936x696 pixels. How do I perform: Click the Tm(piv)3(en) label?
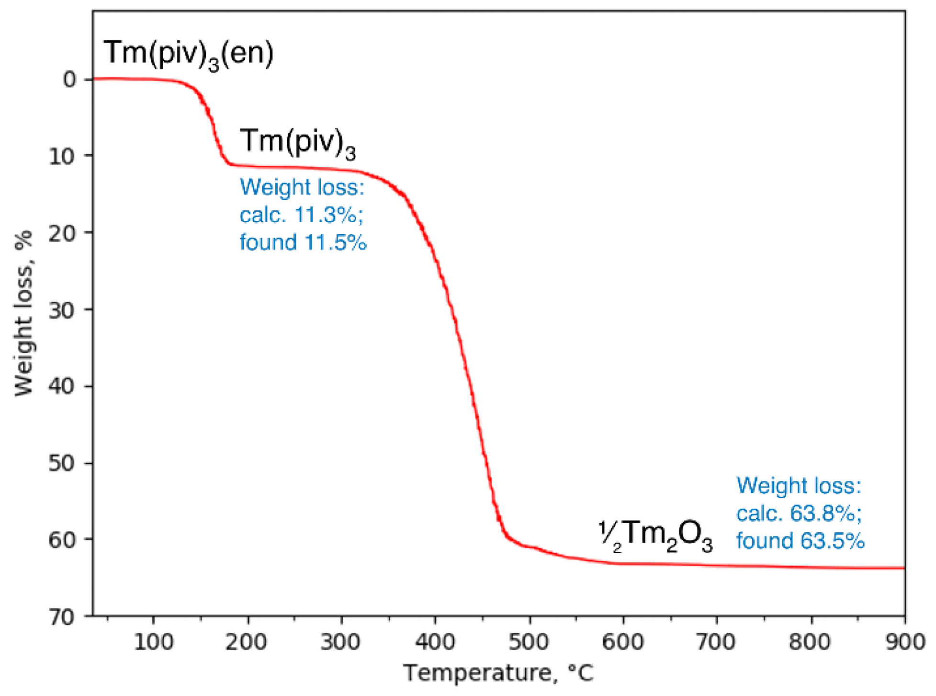(188, 54)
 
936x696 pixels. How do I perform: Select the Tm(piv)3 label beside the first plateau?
(297, 142)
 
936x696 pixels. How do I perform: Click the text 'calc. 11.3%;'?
(301, 215)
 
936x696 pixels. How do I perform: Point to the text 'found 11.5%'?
(303, 242)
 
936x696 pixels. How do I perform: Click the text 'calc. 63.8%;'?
(799, 513)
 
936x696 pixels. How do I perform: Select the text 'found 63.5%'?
(800, 540)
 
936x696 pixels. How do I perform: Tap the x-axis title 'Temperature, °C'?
(498, 673)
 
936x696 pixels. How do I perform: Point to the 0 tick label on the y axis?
(70, 80)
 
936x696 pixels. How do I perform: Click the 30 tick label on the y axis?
(62, 310)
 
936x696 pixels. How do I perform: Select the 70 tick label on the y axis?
(62, 617)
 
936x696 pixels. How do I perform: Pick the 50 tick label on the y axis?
(62, 463)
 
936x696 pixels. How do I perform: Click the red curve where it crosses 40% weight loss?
(470, 386)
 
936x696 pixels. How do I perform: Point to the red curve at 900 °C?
(903, 568)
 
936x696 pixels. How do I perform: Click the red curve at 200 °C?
(248, 166)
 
